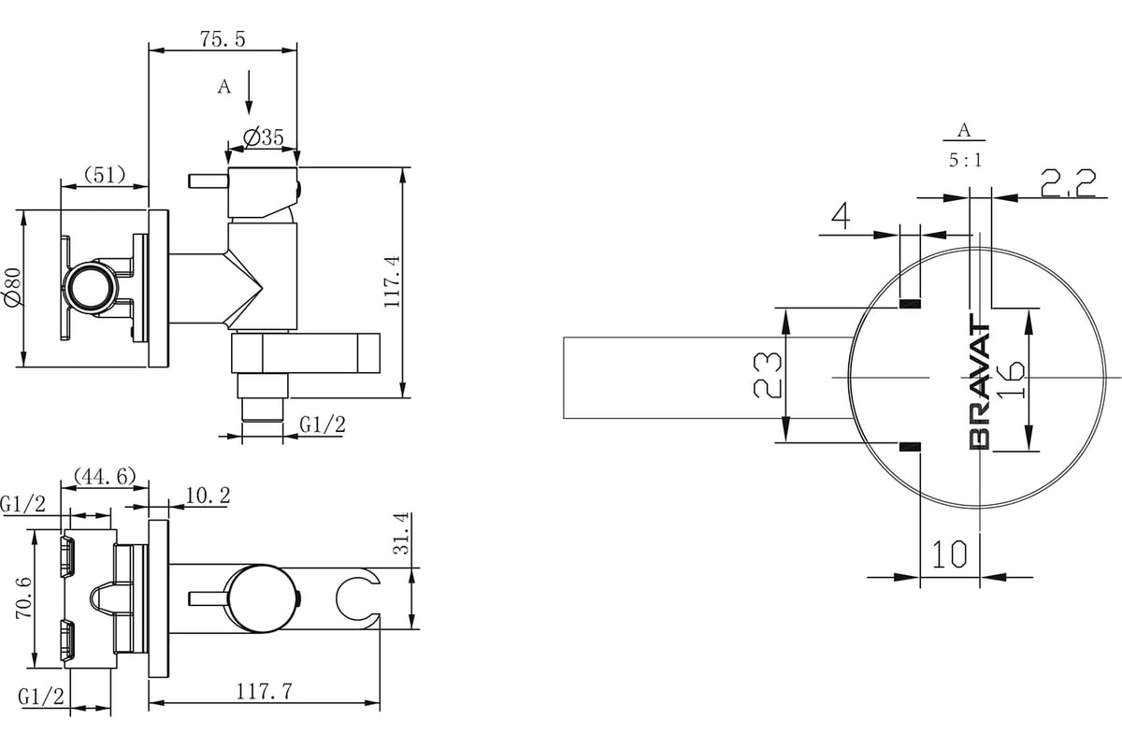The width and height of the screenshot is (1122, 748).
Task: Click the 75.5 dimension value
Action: (x=223, y=39)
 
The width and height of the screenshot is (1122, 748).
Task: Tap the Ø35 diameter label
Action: (x=264, y=137)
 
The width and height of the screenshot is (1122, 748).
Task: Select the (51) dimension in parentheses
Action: (x=104, y=175)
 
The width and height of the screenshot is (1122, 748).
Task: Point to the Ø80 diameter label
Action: (x=12, y=287)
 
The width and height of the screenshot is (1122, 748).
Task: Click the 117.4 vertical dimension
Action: (x=392, y=281)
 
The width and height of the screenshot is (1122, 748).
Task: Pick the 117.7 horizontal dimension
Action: (x=264, y=692)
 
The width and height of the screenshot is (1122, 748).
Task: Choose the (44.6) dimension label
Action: (x=105, y=476)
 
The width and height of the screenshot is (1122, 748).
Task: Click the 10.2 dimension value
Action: (x=208, y=495)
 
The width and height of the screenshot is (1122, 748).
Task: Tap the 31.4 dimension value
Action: (x=401, y=533)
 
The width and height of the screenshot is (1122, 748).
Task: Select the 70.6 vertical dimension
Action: (x=23, y=597)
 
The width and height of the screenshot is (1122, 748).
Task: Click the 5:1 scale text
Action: (x=965, y=160)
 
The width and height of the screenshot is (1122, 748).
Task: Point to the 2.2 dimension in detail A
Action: (x=1068, y=183)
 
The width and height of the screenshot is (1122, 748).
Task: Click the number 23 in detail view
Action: (x=768, y=375)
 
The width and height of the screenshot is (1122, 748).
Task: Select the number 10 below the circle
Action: (x=949, y=554)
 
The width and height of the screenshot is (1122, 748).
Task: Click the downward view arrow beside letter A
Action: (x=249, y=93)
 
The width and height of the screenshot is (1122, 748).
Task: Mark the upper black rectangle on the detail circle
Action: (x=910, y=304)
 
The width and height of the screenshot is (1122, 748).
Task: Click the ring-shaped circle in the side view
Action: (x=93, y=290)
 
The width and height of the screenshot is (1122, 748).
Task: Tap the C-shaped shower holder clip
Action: (x=356, y=598)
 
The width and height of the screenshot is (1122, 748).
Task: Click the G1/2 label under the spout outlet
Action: (x=323, y=424)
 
